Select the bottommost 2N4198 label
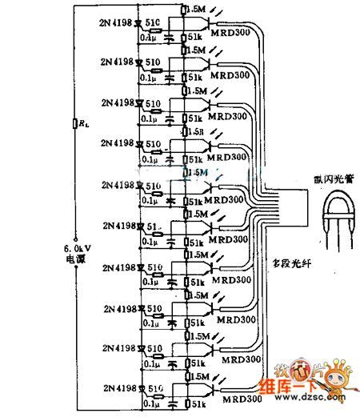pyautogui.click(x=118, y=390)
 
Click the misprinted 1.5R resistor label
pyautogui.click(x=193, y=132)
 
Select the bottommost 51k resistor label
pyautogui.click(x=193, y=406)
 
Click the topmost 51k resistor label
pyautogui.click(x=193, y=37)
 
